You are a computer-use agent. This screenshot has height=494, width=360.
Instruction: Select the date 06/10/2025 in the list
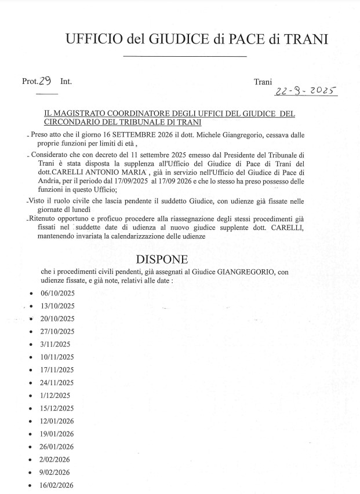[57, 294]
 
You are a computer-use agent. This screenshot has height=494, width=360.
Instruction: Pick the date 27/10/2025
[57, 332]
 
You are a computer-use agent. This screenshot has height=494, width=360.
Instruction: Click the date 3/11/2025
[56, 345]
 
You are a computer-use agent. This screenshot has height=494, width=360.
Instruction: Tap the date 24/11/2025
[57, 383]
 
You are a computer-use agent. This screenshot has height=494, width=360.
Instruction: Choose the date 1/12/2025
[56, 396]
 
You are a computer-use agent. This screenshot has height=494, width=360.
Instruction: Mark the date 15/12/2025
[57, 408]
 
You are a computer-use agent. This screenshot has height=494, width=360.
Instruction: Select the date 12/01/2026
[57, 421]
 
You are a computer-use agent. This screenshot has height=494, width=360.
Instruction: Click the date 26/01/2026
[57, 447]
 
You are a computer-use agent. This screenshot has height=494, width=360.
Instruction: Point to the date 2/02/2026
[56, 459]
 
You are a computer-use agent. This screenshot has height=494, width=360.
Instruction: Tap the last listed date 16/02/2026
[57, 485]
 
